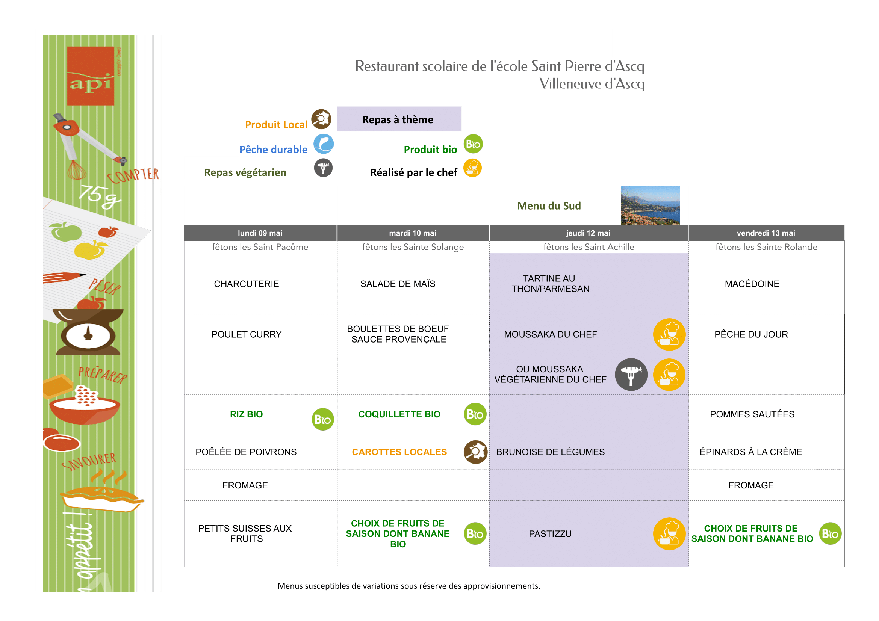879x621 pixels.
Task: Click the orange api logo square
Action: [x=90, y=76]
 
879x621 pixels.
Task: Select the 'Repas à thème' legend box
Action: [x=399, y=119]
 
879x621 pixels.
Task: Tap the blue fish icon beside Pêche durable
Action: [x=324, y=144]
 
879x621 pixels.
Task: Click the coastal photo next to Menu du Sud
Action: [x=650, y=205]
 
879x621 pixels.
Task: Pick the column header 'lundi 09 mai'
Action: [x=260, y=233]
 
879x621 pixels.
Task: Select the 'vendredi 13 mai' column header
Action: [x=766, y=233]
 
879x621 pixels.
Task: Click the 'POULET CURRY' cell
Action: [x=247, y=334]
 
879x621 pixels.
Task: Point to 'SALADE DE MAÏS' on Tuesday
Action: [x=398, y=284]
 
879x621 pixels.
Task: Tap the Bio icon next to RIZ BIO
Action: [x=323, y=419]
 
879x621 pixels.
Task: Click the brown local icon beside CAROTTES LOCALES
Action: [x=475, y=452]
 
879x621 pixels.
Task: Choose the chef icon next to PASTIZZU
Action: [x=669, y=534]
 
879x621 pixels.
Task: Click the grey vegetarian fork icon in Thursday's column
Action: [x=631, y=374]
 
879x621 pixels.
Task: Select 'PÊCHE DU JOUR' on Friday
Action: [x=751, y=334]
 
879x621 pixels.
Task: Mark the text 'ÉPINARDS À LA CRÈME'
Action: [x=751, y=452]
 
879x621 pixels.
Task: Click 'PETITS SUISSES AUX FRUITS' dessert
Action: [x=245, y=533]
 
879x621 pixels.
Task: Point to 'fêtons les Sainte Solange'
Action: [x=413, y=247]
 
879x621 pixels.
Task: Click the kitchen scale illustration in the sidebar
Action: [x=88, y=331]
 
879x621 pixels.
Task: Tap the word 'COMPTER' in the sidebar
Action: [x=133, y=175]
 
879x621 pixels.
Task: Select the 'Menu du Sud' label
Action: [x=549, y=206]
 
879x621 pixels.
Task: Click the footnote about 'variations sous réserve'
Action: [x=409, y=586]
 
